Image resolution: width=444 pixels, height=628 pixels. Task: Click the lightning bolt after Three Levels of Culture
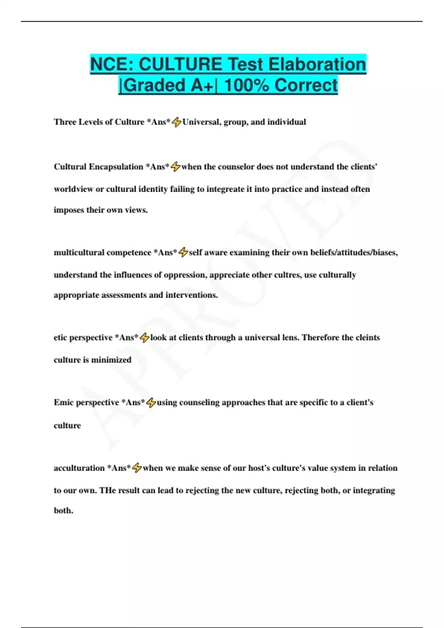[x=176, y=122]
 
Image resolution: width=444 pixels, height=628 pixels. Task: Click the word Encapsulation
[x=116, y=167]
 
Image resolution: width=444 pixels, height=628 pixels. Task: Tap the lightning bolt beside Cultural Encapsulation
[x=175, y=167]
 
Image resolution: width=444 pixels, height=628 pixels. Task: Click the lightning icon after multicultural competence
[x=183, y=252]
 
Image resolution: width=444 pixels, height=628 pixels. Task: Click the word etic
[x=60, y=337]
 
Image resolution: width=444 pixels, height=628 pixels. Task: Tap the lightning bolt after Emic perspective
[x=151, y=403]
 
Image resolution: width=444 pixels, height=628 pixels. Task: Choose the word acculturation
[x=79, y=468]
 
